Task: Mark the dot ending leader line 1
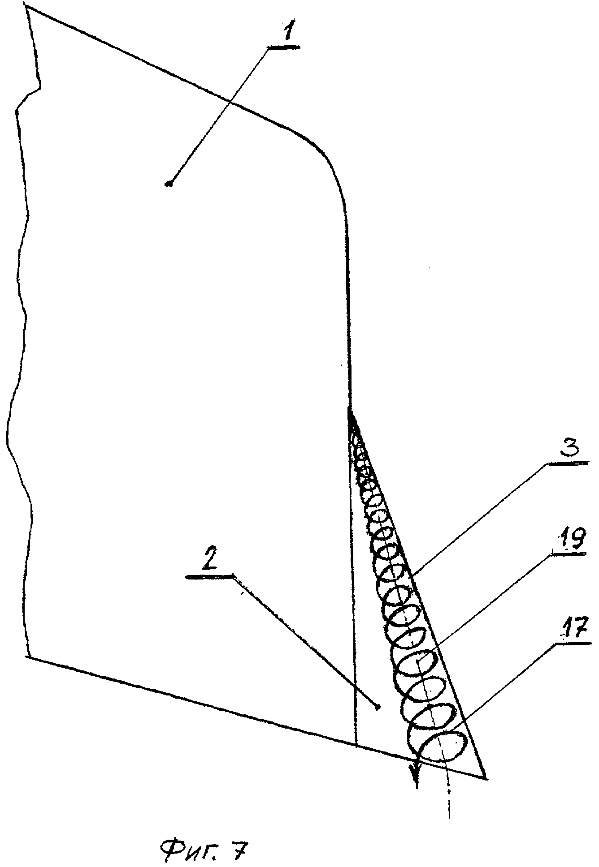(x=169, y=183)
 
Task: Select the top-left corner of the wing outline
(x=27, y=6)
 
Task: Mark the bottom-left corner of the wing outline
(x=28, y=657)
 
